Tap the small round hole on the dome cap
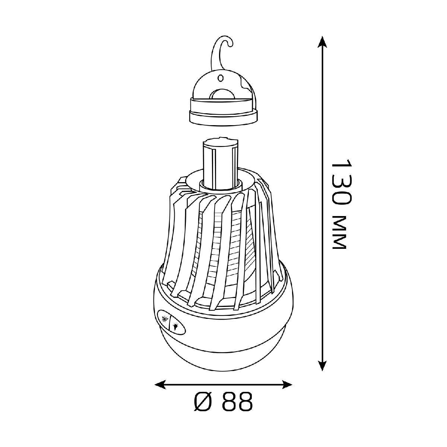[x=221, y=78]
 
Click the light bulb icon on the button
[x=176, y=327]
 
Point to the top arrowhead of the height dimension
[x=323, y=42]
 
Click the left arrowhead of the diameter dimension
[x=161, y=385]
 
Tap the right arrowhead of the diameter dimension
[x=286, y=385]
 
